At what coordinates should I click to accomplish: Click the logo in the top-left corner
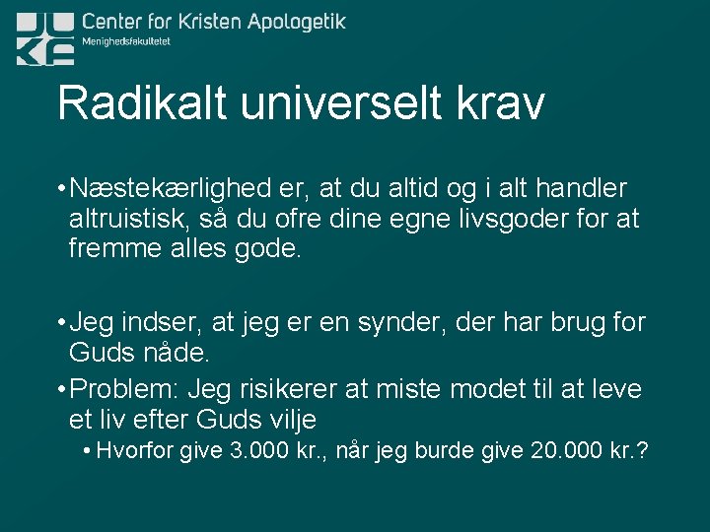45,37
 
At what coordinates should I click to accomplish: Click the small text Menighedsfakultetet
127,41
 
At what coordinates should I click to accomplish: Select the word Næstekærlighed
175,188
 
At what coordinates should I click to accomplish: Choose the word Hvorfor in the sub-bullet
135,451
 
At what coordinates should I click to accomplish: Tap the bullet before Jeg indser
61,322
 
